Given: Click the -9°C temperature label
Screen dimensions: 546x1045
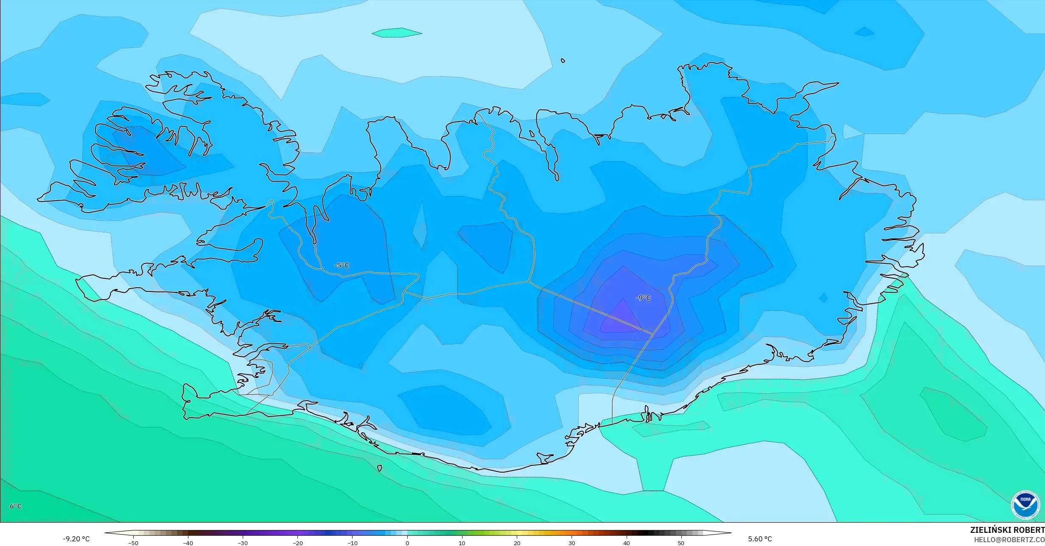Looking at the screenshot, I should click(x=643, y=298).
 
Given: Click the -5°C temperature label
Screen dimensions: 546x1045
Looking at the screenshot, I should click(x=342, y=265).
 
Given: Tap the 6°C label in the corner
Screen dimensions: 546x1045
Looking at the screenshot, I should click(x=15, y=506).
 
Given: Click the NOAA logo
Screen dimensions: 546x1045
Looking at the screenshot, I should click(x=1025, y=504).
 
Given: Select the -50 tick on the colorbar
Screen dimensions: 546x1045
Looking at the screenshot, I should click(x=133, y=543).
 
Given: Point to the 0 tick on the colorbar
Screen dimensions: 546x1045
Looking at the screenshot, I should click(x=407, y=543).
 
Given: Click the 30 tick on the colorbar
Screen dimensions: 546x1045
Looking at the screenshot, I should click(x=572, y=543).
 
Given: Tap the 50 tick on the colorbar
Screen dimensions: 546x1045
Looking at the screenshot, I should click(x=681, y=543).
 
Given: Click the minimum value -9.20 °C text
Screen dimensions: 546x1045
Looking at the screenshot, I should click(x=76, y=539).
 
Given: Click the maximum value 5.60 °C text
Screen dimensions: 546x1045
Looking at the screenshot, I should click(x=760, y=539).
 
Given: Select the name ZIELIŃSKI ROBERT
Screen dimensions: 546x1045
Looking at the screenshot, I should click(x=1007, y=530).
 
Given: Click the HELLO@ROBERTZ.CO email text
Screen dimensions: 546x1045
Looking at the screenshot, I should click(x=1009, y=540).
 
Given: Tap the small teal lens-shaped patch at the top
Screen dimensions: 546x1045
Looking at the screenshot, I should click(x=397, y=33).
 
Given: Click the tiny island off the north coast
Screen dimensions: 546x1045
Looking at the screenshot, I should click(x=563, y=61).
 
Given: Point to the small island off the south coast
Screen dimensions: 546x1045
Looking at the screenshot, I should click(x=380, y=468).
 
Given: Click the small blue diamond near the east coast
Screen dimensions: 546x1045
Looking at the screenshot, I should click(x=823, y=298).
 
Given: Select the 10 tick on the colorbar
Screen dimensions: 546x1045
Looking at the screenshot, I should click(x=462, y=543).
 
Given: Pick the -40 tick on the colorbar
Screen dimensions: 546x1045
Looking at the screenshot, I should click(x=188, y=543).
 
